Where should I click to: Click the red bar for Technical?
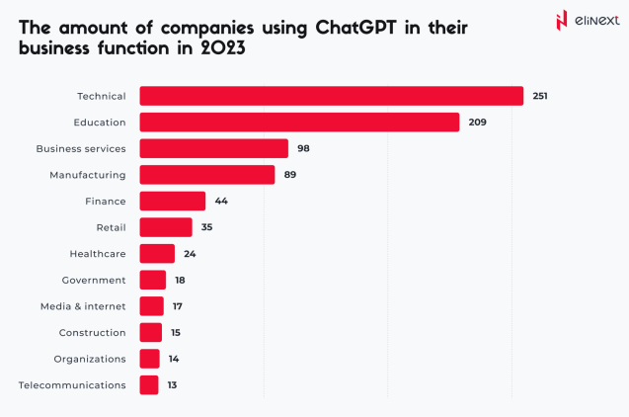[331, 96]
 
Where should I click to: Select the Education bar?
[299, 122]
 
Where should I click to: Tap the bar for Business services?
[213, 148]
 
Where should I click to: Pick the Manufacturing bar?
[207, 175]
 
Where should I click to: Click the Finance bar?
[172, 201]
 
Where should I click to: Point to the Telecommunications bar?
[149, 384]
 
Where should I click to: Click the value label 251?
[539, 96]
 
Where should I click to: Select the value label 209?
[477, 123]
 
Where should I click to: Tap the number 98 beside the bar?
[304, 148]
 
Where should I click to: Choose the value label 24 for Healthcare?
[191, 254]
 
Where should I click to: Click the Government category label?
[94, 280]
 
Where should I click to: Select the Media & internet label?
[83, 306]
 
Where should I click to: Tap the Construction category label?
[92, 332]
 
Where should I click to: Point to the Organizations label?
[90, 359]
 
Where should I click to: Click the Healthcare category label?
[97, 254]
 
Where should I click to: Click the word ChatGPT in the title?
[354, 29]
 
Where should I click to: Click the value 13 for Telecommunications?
[172, 385]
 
